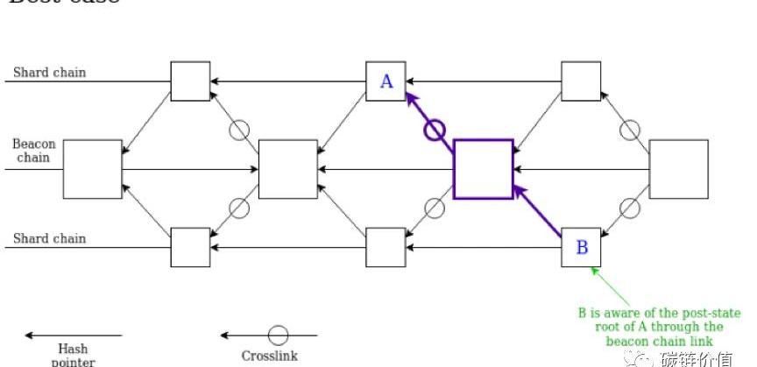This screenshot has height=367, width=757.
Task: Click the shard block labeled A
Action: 386,81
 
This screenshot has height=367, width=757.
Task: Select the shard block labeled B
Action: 581,247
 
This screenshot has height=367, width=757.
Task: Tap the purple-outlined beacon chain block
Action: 483,168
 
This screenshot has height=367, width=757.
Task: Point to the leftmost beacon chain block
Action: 92,168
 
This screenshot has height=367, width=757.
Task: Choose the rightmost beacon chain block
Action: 678,168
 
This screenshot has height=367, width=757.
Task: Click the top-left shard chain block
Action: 190,81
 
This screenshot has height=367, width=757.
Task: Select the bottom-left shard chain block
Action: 190,247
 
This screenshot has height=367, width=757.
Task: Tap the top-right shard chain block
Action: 581,81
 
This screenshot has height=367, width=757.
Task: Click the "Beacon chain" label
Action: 33,151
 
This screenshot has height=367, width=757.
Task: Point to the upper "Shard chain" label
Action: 50,72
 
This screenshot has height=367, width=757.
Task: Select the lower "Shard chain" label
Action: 50,238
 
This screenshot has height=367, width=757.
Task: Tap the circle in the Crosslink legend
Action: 278,335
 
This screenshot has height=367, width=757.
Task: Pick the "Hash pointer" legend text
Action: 73,355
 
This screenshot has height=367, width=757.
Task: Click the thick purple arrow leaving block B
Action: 537,212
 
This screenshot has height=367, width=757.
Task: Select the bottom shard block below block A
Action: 386,247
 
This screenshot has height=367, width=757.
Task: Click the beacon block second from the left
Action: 288,168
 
